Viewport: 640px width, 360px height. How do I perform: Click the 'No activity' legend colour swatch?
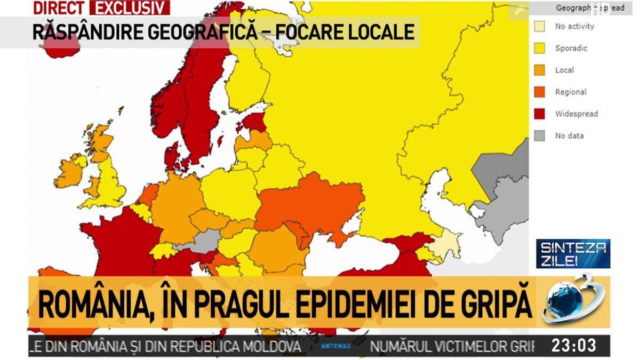(x=540, y=27)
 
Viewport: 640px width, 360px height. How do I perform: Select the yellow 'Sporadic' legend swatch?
(x=540, y=49)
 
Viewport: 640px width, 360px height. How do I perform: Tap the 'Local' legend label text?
(x=564, y=70)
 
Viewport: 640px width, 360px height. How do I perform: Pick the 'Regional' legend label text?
(x=570, y=92)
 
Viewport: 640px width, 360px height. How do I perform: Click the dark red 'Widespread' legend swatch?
(x=540, y=114)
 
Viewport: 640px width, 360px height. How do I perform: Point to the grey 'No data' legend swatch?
(x=540, y=136)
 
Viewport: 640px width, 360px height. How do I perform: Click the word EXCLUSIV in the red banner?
(x=130, y=8)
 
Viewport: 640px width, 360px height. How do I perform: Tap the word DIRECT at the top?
(x=59, y=8)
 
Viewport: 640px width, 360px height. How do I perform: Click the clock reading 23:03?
(x=573, y=346)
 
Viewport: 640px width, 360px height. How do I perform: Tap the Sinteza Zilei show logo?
(x=573, y=253)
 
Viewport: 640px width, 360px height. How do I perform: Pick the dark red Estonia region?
(x=255, y=122)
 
